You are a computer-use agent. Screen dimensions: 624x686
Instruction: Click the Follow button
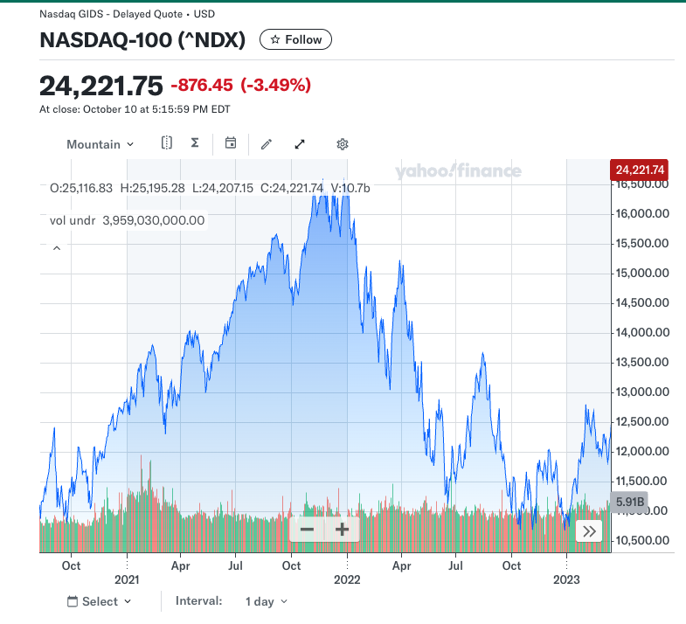295,39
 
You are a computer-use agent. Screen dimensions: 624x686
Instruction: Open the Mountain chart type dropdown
100,144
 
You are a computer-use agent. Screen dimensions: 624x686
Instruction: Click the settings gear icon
343,144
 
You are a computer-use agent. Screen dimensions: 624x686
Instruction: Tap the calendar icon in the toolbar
231,143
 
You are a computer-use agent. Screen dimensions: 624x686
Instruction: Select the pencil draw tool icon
267,144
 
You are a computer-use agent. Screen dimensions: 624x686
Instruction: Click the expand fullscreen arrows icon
300,144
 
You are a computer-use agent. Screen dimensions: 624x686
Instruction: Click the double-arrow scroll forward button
590,530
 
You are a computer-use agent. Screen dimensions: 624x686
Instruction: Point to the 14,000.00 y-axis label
642,332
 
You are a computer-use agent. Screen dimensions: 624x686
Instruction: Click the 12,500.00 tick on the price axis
642,421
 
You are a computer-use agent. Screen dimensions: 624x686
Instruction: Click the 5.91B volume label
629,503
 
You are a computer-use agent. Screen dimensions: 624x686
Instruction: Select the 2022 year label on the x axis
347,579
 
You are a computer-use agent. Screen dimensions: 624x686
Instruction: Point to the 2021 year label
127,579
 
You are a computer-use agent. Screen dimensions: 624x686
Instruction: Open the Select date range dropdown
99,601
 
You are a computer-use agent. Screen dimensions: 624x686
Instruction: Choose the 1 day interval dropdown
267,601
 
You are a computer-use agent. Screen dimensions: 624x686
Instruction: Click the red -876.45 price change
202,86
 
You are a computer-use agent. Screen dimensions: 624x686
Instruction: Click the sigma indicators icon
195,143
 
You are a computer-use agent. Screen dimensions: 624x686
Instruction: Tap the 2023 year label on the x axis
567,579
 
